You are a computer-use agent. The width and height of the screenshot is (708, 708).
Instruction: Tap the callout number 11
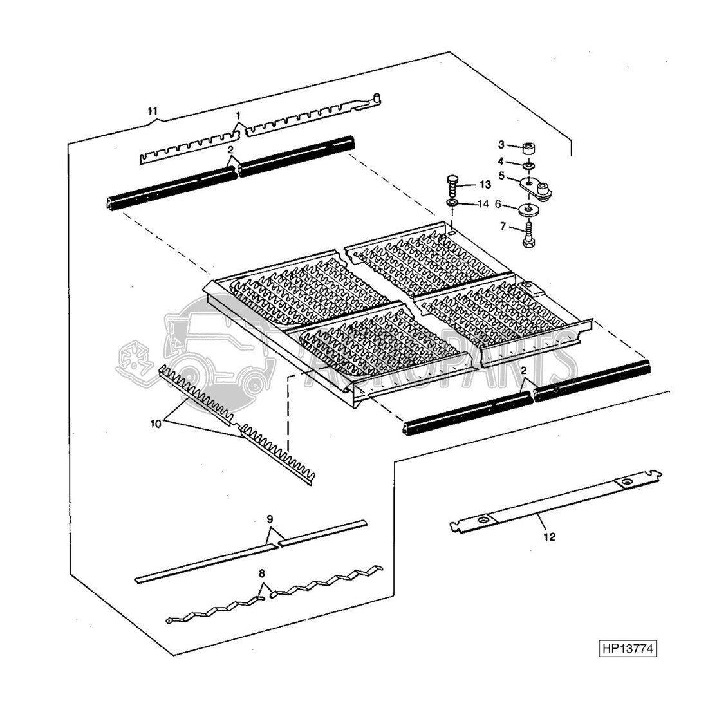click(153, 111)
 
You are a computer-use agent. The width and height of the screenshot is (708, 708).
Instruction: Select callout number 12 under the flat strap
click(549, 536)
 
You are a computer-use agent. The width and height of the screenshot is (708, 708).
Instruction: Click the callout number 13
click(484, 184)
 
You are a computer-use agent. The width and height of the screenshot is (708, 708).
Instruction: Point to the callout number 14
click(483, 205)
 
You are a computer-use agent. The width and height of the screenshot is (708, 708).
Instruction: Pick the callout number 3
click(502, 144)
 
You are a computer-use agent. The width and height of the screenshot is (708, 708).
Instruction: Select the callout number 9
click(270, 518)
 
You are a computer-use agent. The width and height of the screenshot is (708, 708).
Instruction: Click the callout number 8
click(262, 572)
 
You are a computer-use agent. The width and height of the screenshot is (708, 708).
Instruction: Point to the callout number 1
click(239, 115)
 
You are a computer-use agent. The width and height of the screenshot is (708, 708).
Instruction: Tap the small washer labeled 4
click(529, 166)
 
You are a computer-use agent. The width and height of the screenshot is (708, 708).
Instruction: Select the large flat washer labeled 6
click(529, 210)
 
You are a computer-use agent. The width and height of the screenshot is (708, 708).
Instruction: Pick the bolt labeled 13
click(453, 185)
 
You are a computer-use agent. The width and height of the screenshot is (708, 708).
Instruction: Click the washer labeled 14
click(452, 204)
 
